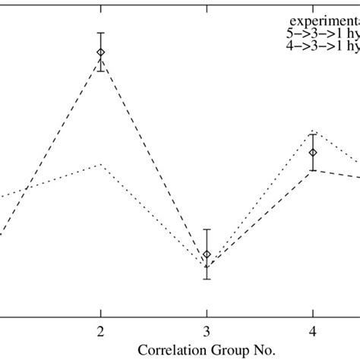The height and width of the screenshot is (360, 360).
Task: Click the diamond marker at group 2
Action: pos(100,52)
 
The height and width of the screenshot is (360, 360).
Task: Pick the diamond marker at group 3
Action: pos(207,254)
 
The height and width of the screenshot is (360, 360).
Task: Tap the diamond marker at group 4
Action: pos(313,153)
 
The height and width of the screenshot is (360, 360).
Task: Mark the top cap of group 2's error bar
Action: pos(100,33)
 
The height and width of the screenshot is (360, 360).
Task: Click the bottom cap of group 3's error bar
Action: pos(207,279)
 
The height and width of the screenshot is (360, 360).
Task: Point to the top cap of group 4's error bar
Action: pos(313,134)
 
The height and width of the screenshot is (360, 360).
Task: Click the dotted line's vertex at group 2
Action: pos(100,164)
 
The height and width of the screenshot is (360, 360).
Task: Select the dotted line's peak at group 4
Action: pos(313,130)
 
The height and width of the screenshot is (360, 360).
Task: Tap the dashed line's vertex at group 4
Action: pos(313,172)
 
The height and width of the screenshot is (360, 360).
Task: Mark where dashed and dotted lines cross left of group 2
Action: pos(27,187)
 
